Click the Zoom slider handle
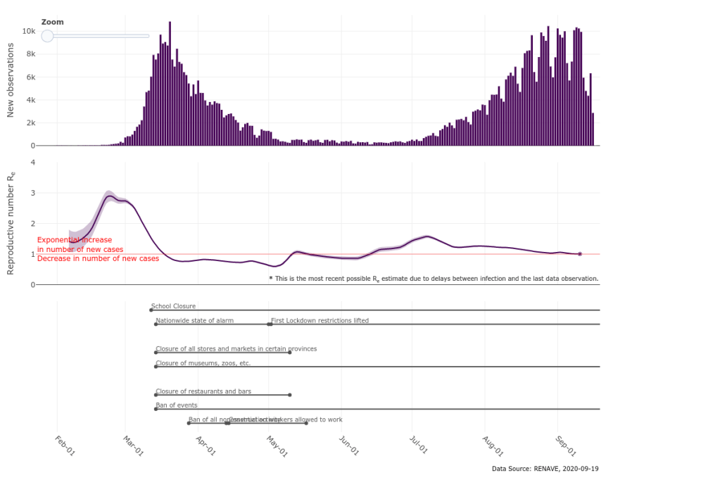(47, 36)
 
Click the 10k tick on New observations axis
(29, 31)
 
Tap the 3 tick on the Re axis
(32, 193)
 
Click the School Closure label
(173, 306)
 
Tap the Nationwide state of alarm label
(194, 320)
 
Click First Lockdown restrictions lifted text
(320, 320)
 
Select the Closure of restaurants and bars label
(203, 391)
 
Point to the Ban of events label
(177, 405)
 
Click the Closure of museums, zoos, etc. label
(203, 363)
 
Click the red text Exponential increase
(75, 240)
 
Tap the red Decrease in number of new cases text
(98, 258)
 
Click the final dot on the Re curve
(579, 254)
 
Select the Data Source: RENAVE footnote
(545, 468)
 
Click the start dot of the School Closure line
(151, 310)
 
